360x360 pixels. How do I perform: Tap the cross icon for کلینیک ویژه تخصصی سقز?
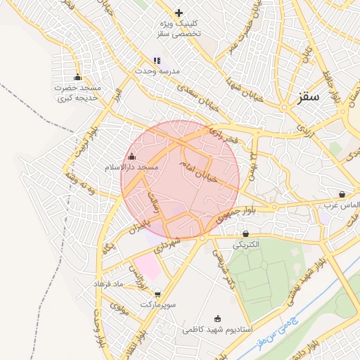pyautogui.click(x=179, y=13)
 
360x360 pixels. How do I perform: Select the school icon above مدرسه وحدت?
pyautogui.click(x=157, y=61)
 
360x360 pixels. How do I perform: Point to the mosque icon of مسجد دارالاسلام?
pyautogui.click(x=132, y=156)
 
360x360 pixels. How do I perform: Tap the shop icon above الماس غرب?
pyautogui.click(x=342, y=194)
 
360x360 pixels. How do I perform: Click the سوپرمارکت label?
pyautogui.click(x=157, y=305)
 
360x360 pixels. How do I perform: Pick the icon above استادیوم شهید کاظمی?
pyautogui.click(x=217, y=318)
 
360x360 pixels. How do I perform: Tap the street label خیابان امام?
pyautogui.click(x=204, y=169)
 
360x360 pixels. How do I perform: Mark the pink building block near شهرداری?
pyautogui.click(x=148, y=268)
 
